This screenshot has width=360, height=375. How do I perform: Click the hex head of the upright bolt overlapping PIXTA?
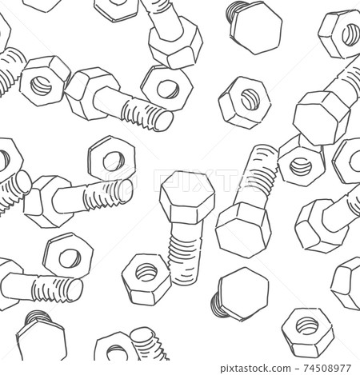(x=186, y=197)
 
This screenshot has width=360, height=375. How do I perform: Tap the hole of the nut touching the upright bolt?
(x=146, y=272)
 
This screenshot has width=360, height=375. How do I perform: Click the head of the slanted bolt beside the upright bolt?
(x=243, y=229)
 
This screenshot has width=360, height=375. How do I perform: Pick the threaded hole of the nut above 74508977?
(x=307, y=326)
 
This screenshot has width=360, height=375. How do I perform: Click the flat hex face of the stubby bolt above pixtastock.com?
(x=242, y=294)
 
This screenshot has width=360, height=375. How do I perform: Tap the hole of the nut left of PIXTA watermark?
(x=113, y=160)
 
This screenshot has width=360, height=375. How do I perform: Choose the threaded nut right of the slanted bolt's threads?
(x=302, y=166)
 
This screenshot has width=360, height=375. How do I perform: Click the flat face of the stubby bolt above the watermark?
(x=256, y=27)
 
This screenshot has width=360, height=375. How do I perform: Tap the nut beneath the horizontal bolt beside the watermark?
(x=68, y=256)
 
